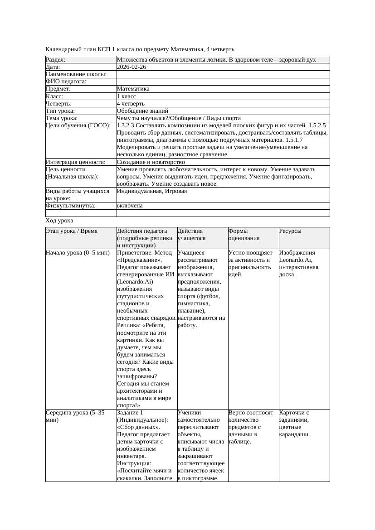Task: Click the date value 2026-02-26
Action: pyautogui.click(x=131, y=67)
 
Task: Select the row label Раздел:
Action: pyautogui.click(x=56, y=60)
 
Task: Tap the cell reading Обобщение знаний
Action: pyautogui.click(x=142, y=111)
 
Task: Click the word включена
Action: pyautogui.click(x=130, y=206)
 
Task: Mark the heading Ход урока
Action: pyautogui.click(x=59, y=221)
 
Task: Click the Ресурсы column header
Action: pyautogui.click(x=290, y=231)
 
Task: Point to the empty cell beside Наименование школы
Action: pyautogui.click(x=223, y=74)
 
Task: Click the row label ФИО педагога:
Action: pyautogui.click(x=66, y=82)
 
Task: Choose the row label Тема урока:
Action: pyautogui.click(x=62, y=118)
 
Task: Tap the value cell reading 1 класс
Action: pyautogui.click(x=127, y=96)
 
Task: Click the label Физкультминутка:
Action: pyautogui.click(x=71, y=206)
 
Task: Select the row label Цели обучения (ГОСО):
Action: pyautogui.click(x=78, y=125)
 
